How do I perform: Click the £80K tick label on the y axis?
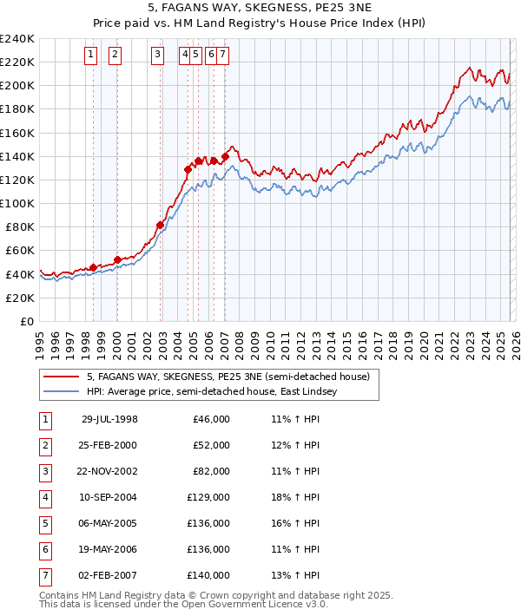pos(20,226)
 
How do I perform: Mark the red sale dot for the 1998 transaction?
pos(94,267)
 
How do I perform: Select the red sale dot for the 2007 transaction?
pos(225,156)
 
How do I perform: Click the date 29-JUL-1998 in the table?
pos(109,419)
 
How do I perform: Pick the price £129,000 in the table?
pos(208,497)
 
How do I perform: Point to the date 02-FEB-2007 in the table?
pos(109,575)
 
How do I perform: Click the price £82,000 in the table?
pos(211,471)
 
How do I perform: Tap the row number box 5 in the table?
pos(44,523)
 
